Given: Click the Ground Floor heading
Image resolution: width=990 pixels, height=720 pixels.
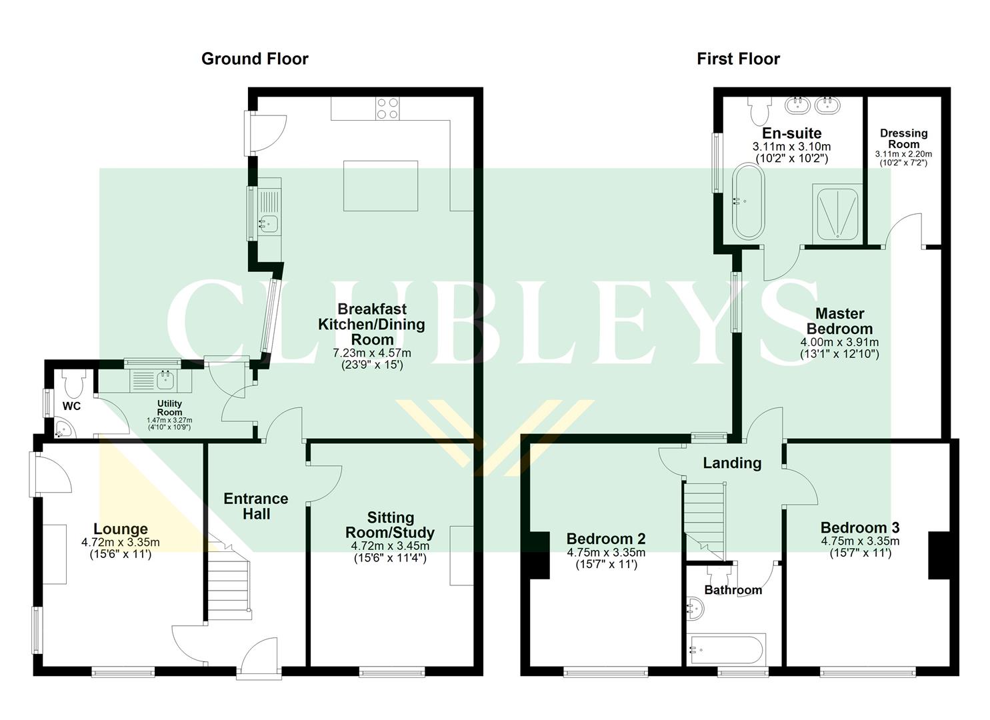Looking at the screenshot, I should (255, 59).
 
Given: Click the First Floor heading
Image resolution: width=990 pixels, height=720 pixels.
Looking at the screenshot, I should (738, 59).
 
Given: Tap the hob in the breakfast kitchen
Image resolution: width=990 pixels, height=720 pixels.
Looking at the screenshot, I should (388, 108).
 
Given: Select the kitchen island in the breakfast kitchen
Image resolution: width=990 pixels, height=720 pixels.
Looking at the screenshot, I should (381, 185).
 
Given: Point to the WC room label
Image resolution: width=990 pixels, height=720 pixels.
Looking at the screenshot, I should (72, 406).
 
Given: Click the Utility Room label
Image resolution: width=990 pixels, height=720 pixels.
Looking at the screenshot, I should (169, 408).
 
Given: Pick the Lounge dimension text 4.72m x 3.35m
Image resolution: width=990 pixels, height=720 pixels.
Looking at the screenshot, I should (121, 543).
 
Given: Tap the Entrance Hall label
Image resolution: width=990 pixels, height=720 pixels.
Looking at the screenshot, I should (256, 506).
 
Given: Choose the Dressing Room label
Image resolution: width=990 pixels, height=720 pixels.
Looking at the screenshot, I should (903, 139).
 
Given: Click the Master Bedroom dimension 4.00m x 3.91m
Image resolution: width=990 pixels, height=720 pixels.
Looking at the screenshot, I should (839, 342).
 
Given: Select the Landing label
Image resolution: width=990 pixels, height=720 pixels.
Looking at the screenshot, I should (732, 463).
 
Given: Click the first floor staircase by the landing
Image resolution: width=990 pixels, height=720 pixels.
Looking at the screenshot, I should (704, 521).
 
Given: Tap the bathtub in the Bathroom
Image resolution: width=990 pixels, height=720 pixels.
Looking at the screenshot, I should (727, 649).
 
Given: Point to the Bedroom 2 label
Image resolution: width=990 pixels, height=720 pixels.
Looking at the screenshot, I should (605, 539).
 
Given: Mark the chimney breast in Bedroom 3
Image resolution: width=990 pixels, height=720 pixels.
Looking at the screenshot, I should (939, 555).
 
